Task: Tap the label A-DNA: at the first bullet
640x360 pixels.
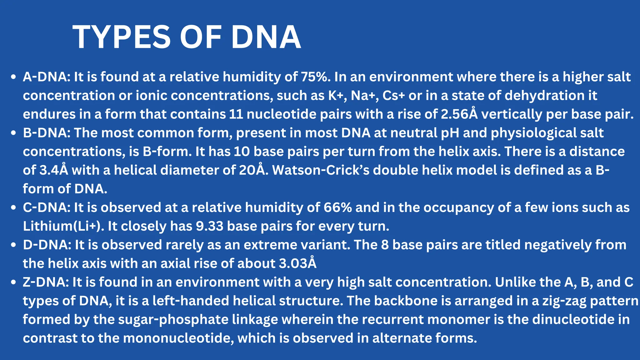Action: coord(47,77)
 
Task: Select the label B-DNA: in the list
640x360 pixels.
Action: coord(47,133)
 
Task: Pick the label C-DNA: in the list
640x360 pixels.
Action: coord(47,207)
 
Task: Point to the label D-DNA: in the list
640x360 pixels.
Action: coord(47,245)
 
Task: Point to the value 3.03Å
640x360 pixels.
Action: coord(297,263)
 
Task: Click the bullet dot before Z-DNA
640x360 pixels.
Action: coord(13,282)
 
